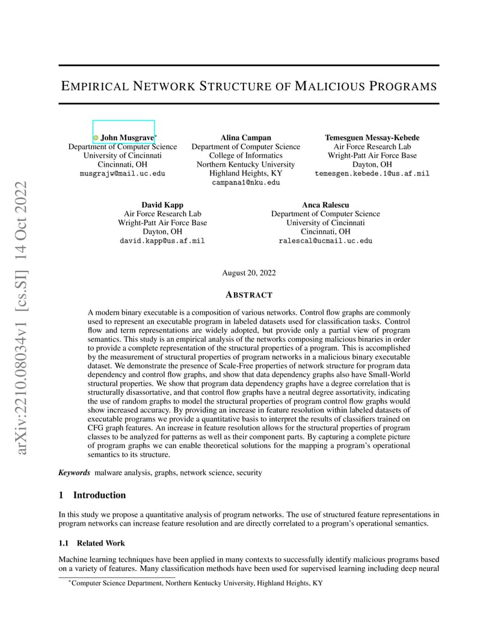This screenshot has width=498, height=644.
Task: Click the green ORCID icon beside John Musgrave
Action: point(96,138)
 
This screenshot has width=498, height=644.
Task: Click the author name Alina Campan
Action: point(245,138)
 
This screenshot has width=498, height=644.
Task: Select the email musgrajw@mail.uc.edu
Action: point(122,174)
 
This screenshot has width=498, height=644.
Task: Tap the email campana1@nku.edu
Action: point(245,183)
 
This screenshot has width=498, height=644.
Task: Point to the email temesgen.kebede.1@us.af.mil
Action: point(372,174)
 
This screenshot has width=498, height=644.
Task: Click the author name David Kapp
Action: point(162,205)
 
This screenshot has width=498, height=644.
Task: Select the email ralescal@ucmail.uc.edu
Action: point(325,241)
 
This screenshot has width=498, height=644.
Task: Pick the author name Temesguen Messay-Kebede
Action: point(372,138)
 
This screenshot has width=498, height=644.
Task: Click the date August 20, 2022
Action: point(249,273)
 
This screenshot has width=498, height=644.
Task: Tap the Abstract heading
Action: point(249,295)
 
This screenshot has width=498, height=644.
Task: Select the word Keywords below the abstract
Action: point(74,473)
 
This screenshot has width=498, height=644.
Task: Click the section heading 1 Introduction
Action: point(92,495)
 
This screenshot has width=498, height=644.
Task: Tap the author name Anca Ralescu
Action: point(325,205)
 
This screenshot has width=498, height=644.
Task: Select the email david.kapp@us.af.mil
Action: point(162,241)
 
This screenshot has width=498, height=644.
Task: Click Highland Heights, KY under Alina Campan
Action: point(245,174)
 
